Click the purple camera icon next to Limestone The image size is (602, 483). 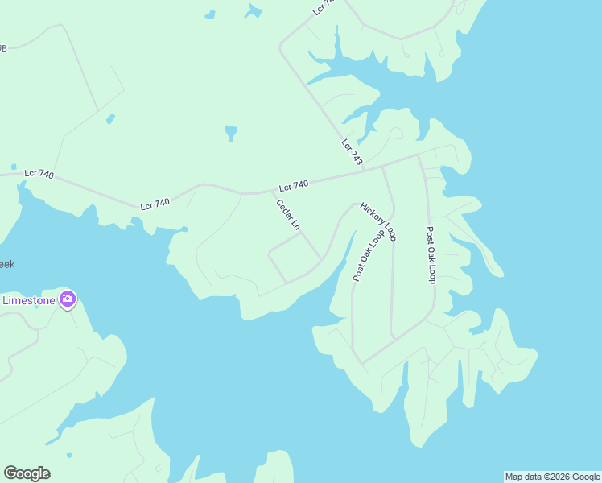(68, 300)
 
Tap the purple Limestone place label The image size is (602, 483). (29, 300)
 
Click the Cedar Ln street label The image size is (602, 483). (287, 215)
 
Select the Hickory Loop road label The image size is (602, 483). (378, 221)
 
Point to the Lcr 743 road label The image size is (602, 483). (352, 153)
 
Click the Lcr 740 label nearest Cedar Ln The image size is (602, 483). (294, 186)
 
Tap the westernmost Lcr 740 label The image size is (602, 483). (39, 173)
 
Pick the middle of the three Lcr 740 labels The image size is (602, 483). (155, 204)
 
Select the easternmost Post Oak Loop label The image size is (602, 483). (430, 254)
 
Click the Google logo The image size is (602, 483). (27, 473)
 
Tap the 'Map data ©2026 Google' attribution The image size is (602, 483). (552, 477)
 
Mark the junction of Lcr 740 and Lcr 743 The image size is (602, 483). (363, 169)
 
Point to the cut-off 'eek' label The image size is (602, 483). (6, 264)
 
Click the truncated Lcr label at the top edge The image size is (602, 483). (323, 6)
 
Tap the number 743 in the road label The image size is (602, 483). (356, 158)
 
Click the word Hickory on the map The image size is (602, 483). (373, 214)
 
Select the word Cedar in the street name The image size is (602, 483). (283, 209)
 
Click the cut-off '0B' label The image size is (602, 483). (3, 48)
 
